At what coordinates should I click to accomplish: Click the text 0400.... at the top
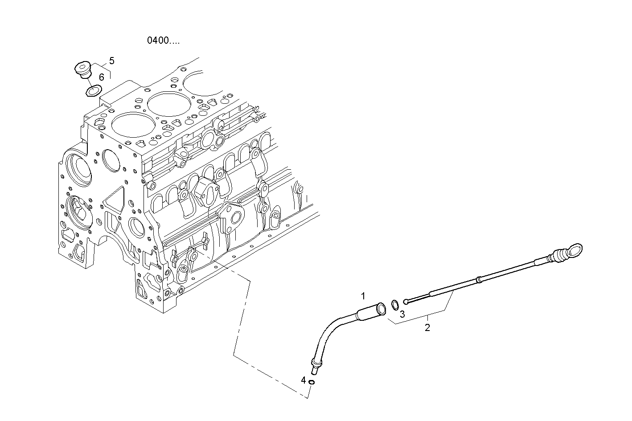pyautogui.click(x=164, y=41)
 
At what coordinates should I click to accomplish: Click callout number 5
pyautogui.click(x=111, y=61)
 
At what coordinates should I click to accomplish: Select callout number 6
pyautogui.click(x=102, y=77)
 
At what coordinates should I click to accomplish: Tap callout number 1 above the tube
pyautogui.click(x=363, y=295)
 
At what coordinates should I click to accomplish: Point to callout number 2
pyautogui.click(x=427, y=328)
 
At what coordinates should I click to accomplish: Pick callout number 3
pyautogui.click(x=402, y=314)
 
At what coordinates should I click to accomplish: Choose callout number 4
pyautogui.click(x=304, y=380)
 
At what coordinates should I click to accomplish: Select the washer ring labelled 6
pyautogui.click(x=92, y=91)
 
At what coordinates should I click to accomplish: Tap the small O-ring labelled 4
pyautogui.click(x=312, y=382)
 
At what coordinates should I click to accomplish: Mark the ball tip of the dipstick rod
pyautogui.click(x=406, y=302)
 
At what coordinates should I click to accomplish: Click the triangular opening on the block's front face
pyautogui.click(x=115, y=199)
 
